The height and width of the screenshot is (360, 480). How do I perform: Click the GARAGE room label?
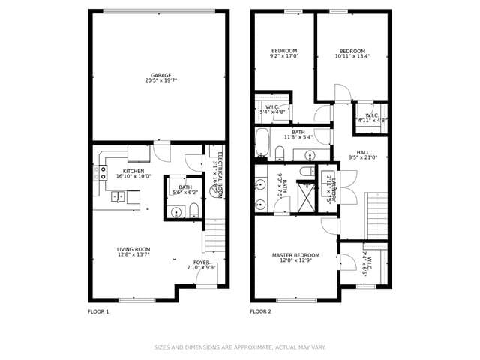click(160, 75)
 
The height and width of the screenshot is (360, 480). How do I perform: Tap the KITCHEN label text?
click(133, 171)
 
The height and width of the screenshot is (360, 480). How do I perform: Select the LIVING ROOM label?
click(133, 249)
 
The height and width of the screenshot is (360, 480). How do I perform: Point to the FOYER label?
click(201, 262)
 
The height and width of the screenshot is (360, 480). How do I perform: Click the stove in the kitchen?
click(101, 172)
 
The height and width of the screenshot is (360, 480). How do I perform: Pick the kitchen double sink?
click(118, 197)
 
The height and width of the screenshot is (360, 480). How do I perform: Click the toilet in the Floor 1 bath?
click(193, 209)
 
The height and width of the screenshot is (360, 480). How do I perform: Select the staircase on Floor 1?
click(215, 235)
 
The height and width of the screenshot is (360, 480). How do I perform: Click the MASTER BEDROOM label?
click(295, 255)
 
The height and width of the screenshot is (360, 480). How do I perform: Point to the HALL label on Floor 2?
click(362, 152)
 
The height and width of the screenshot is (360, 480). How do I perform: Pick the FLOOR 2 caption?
click(260, 310)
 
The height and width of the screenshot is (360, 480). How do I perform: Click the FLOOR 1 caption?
click(99, 310)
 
